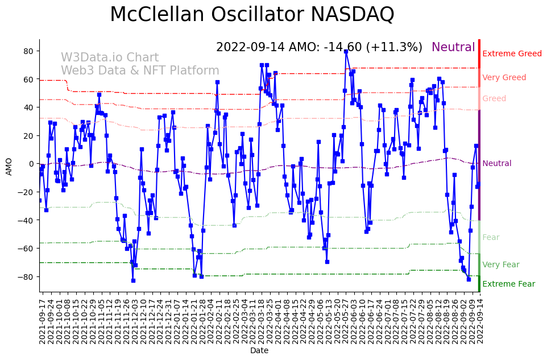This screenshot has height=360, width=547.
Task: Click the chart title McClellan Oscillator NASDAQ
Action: click(x=252, y=14)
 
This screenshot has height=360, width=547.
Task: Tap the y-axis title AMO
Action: click(x=9, y=166)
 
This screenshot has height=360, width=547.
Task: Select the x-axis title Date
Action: click(x=259, y=350)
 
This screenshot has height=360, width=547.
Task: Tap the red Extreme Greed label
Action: click(x=512, y=53)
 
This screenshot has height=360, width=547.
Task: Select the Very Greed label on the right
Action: click(x=504, y=77)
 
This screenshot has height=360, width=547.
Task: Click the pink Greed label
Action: click(x=494, y=98)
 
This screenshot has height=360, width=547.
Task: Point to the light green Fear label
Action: click(x=491, y=237)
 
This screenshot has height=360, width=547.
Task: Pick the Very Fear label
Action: click(x=500, y=264)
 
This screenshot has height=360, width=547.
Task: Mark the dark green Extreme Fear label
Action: click(x=508, y=284)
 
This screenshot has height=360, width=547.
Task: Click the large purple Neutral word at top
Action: click(x=453, y=47)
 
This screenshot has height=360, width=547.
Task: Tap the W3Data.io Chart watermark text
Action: click(x=110, y=57)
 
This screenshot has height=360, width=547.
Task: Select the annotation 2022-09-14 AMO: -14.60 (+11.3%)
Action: click(x=319, y=47)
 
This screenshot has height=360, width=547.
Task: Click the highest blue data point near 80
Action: click(x=346, y=52)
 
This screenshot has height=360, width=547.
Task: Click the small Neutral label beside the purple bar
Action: click(x=496, y=163)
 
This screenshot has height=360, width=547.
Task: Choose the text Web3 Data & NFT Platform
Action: click(x=140, y=71)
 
